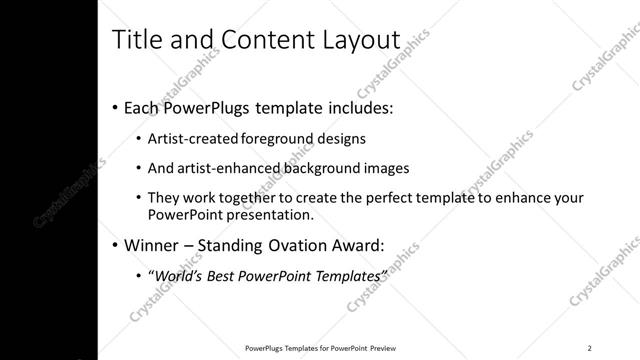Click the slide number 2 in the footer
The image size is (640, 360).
[x=590, y=347]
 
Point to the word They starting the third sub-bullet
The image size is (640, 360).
[x=164, y=198]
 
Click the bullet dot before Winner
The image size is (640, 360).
[x=115, y=244]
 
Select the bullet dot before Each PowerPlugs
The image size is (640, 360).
[x=115, y=107]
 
